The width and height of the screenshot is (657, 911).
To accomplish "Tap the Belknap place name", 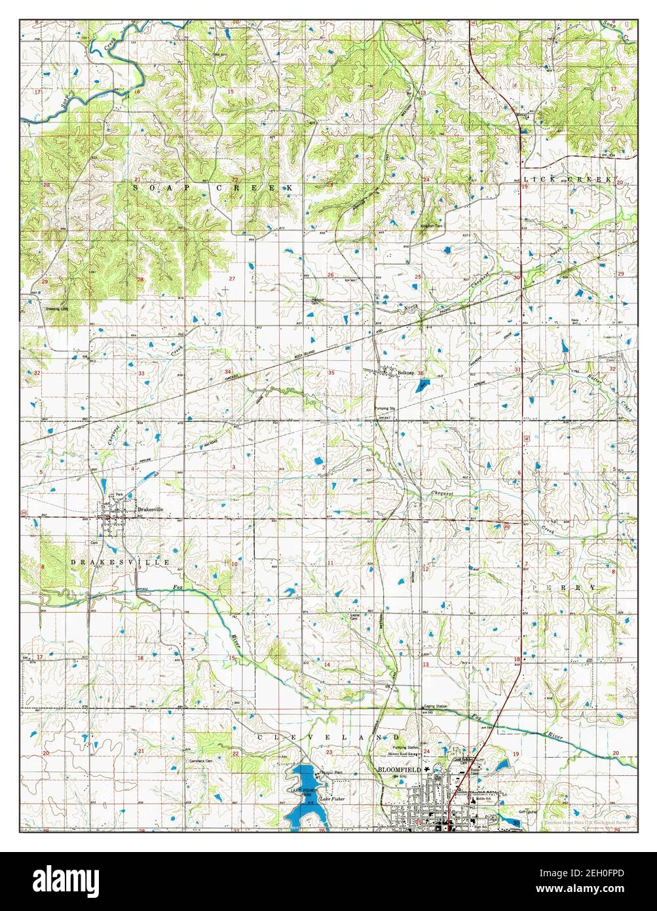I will (x=406, y=372).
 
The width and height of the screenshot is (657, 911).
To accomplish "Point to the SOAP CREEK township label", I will (x=213, y=187).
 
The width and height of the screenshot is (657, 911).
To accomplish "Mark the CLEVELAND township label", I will (x=321, y=737).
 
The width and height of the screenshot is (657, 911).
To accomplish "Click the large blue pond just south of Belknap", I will (x=418, y=386).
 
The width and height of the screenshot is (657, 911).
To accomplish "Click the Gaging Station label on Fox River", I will (x=435, y=706).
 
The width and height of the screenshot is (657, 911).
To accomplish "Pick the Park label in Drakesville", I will (x=119, y=494).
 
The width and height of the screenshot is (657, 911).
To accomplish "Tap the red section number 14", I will (x=327, y=665).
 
